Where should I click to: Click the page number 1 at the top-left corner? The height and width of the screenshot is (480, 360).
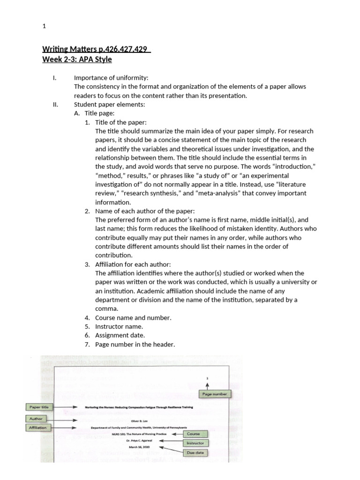coord(44,27)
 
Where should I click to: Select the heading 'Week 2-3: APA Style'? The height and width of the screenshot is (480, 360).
coord(77,60)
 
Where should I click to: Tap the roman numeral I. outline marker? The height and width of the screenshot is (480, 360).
coord(54,78)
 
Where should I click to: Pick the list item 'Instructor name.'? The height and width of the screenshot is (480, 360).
coord(119,327)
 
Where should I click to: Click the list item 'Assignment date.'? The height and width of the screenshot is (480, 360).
coord(120,336)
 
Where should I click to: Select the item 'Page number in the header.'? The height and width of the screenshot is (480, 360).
coord(135,345)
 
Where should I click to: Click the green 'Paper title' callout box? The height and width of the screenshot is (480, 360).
coord(39,407)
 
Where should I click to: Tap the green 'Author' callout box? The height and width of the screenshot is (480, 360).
coord(36,419)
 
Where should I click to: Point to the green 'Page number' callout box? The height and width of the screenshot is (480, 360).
coord(214,394)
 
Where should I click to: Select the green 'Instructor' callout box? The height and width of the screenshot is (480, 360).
coord(195,442)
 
